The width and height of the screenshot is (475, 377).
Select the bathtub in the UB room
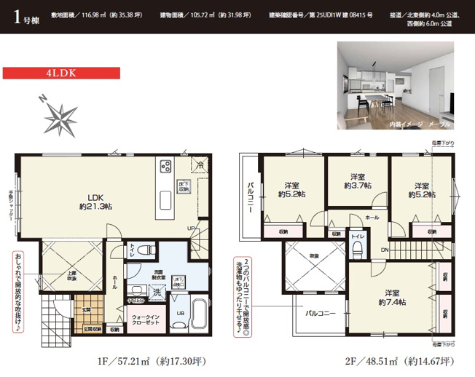(x=198, y=314)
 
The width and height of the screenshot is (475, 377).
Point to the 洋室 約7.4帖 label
(x=392, y=298)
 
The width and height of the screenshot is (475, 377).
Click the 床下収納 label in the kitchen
(x=185, y=186)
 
